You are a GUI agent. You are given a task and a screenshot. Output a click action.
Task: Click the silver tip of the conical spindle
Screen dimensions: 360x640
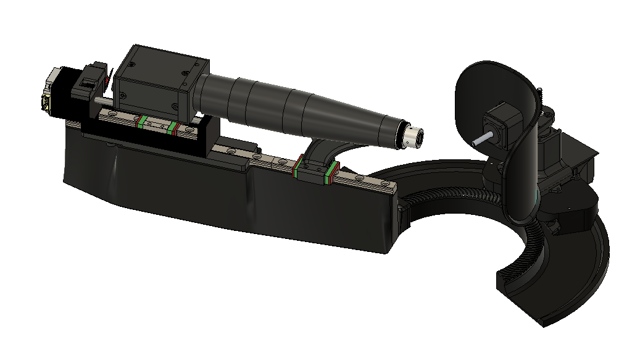[415, 136]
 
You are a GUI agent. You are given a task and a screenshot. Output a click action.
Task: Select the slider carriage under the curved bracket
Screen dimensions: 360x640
[315, 171]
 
